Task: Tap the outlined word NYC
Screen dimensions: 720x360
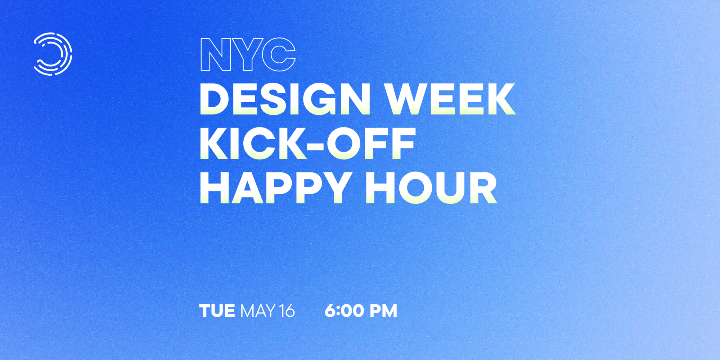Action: [x=248, y=55]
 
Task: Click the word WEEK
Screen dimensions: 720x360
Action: [x=450, y=99]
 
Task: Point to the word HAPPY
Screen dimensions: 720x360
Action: [x=276, y=188]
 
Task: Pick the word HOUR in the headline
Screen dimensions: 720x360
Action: [x=431, y=188]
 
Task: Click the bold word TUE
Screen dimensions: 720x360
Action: [x=217, y=311]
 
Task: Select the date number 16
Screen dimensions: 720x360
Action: [x=287, y=311]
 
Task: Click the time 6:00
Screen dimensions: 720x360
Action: [x=344, y=311]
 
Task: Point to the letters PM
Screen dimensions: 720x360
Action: [x=383, y=311]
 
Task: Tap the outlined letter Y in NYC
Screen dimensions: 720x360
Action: [x=247, y=55]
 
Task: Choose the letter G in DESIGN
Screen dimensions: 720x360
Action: [x=318, y=99]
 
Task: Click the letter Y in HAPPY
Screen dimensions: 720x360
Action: [x=335, y=188]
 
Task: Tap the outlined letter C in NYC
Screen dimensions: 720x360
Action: [x=279, y=55]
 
